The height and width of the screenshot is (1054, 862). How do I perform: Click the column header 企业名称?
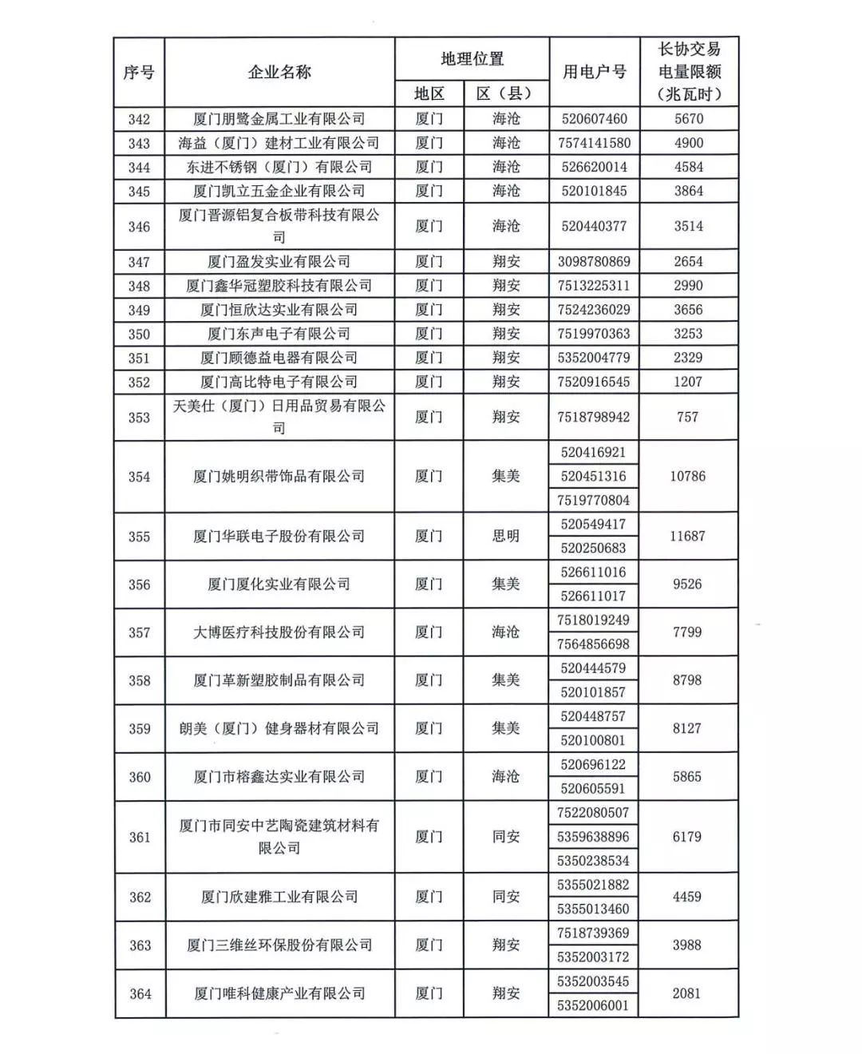coord(279,73)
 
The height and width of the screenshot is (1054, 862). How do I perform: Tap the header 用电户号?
coord(595,72)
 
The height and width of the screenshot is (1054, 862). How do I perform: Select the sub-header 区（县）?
coord(506,93)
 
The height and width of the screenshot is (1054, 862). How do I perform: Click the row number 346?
coord(139,227)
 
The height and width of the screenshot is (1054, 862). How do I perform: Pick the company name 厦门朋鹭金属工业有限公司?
coord(279,119)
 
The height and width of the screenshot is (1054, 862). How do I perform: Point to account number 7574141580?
coord(595,143)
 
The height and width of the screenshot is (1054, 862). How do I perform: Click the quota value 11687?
coord(687,536)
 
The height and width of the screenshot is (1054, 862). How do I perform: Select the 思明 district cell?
coord(506,536)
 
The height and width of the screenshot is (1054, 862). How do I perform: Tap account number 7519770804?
coord(595,501)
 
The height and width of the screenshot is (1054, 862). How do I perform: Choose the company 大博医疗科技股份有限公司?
coord(279,632)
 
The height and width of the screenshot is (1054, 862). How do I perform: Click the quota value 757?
coord(687,417)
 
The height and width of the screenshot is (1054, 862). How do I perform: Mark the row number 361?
coord(140,837)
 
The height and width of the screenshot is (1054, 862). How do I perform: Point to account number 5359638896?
coord(594,837)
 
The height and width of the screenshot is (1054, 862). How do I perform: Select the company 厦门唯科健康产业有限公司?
coord(279,993)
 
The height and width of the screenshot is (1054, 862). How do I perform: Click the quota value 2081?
coord(686,993)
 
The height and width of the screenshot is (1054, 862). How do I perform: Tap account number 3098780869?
coord(594,262)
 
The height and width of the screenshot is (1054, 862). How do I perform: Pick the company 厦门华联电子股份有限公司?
coord(279,536)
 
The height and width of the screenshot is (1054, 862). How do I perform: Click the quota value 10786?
coord(687,476)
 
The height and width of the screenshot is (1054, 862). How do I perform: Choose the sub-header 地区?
coord(429,93)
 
